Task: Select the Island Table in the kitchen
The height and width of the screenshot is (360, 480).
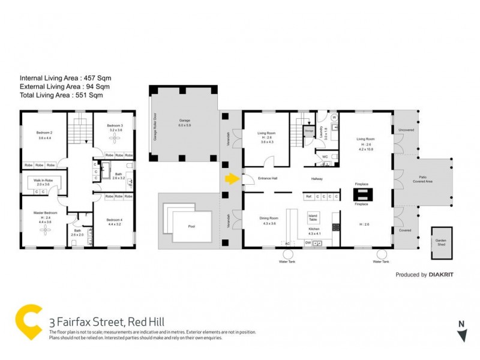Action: (x=313, y=217)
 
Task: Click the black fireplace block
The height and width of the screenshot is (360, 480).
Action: (x=361, y=194)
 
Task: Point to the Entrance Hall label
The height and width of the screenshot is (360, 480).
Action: (x=268, y=179)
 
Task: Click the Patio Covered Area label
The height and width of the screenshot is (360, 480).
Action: (x=427, y=178)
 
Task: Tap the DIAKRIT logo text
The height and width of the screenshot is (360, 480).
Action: (x=445, y=275)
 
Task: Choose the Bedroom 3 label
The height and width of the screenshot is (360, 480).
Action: (x=116, y=127)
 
